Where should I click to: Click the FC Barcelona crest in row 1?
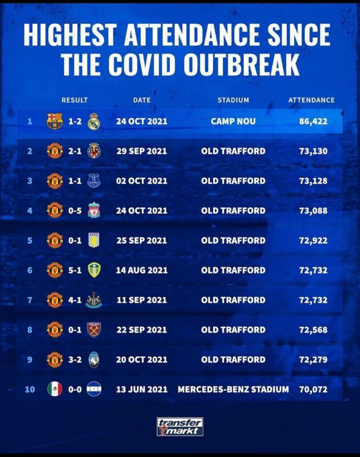[x=55, y=121]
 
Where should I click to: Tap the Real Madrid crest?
[x=94, y=121]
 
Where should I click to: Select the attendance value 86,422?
[x=313, y=121]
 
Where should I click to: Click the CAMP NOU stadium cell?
[x=233, y=121]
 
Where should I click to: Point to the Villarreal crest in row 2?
[x=94, y=151]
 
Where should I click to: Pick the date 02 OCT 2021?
[x=142, y=181]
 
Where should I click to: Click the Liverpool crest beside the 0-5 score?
[x=94, y=210]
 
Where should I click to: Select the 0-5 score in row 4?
[x=75, y=211]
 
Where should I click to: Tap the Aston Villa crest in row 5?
[x=94, y=240]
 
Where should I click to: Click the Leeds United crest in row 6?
[x=94, y=270]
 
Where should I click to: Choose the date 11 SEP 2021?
[x=142, y=300]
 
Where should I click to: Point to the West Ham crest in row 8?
[x=94, y=330]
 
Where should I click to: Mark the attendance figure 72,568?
[x=313, y=330]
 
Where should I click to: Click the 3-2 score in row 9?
[x=75, y=359]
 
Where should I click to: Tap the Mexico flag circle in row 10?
[x=55, y=389]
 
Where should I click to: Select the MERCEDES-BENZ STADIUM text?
[x=233, y=389]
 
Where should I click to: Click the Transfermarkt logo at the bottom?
[x=180, y=427]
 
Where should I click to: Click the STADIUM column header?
[x=233, y=100]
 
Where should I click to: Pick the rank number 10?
[x=30, y=389]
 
